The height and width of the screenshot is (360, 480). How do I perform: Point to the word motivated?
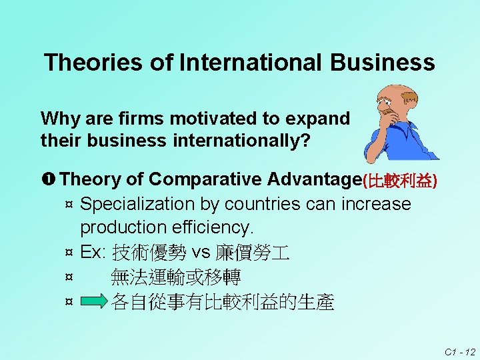(x=213, y=119)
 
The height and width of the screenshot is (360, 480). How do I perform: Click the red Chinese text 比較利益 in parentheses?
(x=399, y=181)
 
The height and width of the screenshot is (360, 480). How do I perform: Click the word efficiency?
(x=213, y=227)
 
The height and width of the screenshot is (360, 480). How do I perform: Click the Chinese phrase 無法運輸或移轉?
(x=176, y=277)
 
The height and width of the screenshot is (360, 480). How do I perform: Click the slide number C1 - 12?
(x=461, y=351)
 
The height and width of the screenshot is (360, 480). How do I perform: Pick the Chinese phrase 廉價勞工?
(x=251, y=253)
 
